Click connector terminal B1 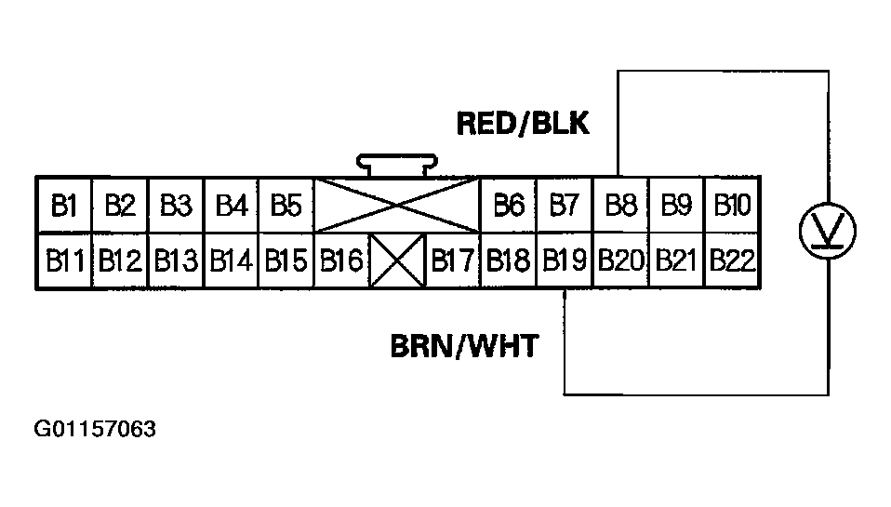click(63, 205)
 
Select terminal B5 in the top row click(286, 205)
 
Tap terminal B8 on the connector click(620, 205)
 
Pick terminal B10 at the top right click(732, 205)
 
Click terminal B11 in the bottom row click(64, 260)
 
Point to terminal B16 click(341, 260)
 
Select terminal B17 click(453, 260)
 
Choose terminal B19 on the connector click(565, 260)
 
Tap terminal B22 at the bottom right click(732, 260)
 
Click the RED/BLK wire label click(523, 124)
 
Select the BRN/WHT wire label click(463, 347)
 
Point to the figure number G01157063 click(96, 430)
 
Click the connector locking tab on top click(397, 165)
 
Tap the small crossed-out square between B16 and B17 click(397, 261)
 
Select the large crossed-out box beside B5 click(397, 205)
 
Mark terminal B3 click(175, 205)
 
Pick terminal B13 click(176, 260)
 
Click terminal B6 click(509, 205)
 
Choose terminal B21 click(676, 260)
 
